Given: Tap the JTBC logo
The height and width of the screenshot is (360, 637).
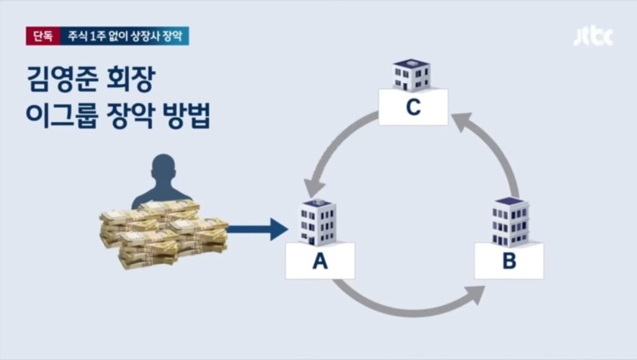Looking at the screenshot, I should point(593,36).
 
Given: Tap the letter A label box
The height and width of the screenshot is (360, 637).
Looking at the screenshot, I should point(320,262).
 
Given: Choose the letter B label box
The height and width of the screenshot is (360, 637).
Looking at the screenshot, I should point(509,262).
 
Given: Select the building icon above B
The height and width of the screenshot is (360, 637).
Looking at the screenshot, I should point(510,222).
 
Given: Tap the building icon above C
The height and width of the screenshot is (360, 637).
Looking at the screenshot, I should point(411,74).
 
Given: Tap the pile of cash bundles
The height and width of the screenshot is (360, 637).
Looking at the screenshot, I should point(163,233).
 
